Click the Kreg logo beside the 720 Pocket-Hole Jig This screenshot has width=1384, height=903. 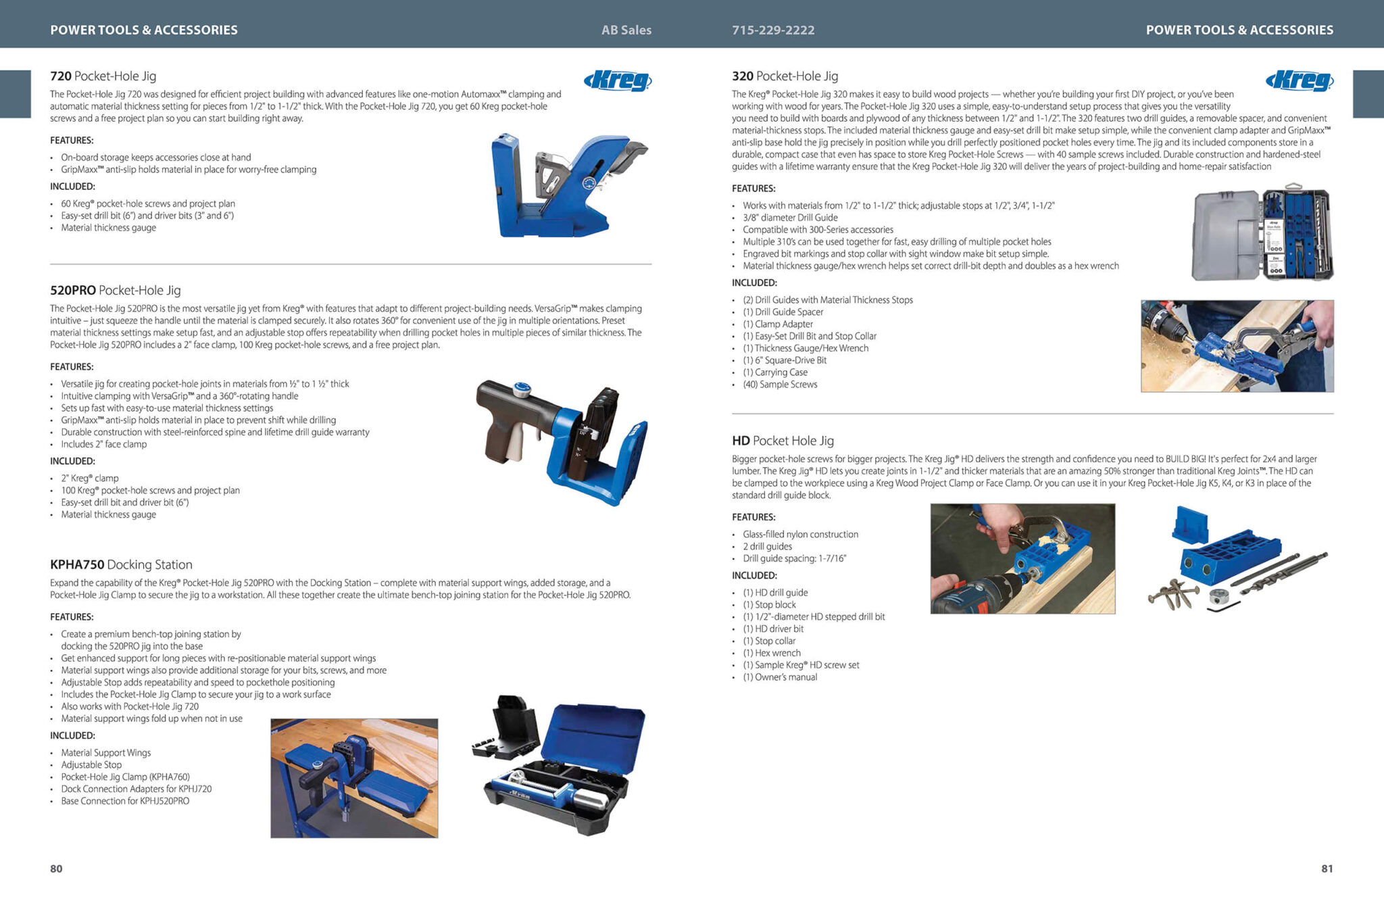point(618,80)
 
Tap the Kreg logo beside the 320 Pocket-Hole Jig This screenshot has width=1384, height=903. point(1300,80)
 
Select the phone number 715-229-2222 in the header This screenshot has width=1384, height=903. point(773,30)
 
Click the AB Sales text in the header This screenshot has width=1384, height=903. point(626,30)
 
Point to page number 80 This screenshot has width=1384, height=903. point(56,869)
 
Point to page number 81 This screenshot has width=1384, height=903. point(1327,869)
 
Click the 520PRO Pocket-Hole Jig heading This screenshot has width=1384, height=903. point(116,291)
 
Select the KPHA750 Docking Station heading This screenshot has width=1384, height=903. point(121,564)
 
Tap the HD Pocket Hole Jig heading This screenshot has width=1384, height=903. point(783,441)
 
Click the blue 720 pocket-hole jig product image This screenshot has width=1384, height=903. point(566,186)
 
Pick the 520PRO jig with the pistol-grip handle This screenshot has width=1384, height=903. point(562,443)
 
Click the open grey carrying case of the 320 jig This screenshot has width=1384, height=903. point(1262,233)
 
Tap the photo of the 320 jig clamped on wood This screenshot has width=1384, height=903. point(1237,346)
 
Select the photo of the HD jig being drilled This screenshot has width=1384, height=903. point(1022,559)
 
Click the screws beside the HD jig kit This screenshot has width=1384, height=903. point(1175,594)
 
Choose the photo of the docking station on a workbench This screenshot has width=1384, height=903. point(354,779)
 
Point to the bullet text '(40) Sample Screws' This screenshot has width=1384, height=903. point(780,385)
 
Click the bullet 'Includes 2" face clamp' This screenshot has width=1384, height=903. point(103,444)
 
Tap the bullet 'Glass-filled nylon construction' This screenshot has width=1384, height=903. point(801,535)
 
